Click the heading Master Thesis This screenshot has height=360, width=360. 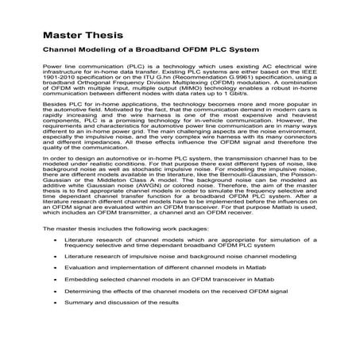coord(72,37)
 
